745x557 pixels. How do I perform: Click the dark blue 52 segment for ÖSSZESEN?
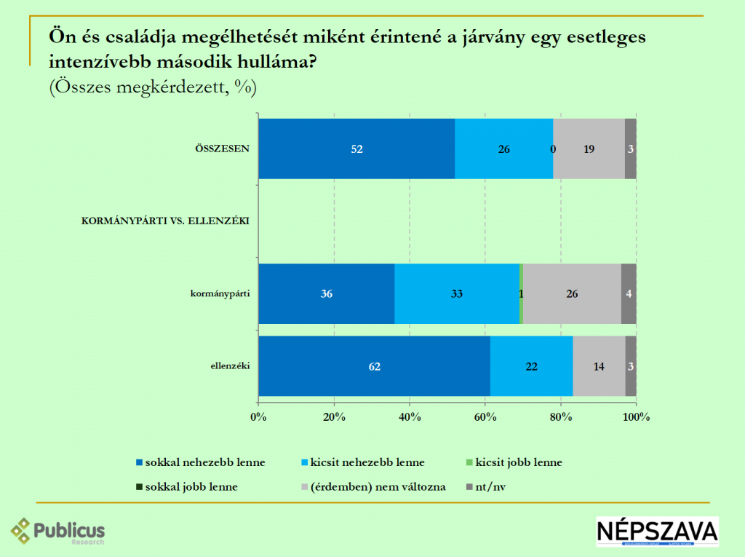[x=356, y=149]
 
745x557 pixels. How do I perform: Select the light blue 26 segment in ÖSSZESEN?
[x=503, y=149]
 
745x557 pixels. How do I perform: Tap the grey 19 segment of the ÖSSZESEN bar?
[x=589, y=149]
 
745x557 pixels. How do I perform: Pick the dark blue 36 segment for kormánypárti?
[x=327, y=293]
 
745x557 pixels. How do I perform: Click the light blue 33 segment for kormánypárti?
[x=456, y=293]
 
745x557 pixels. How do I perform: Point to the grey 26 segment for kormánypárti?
[x=572, y=293]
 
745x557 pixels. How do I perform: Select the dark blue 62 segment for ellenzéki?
[x=374, y=366]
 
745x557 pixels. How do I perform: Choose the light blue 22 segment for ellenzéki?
[x=531, y=366]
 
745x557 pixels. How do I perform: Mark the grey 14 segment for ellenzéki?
[x=599, y=366]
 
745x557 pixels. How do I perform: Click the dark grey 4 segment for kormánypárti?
[x=629, y=293]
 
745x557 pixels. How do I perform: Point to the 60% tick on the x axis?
[x=485, y=416]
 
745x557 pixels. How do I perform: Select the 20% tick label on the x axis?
[x=334, y=416]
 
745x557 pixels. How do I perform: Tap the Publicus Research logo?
[x=58, y=531]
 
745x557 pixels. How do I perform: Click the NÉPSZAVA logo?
[x=657, y=531]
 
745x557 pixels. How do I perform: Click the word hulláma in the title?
[x=274, y=61]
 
